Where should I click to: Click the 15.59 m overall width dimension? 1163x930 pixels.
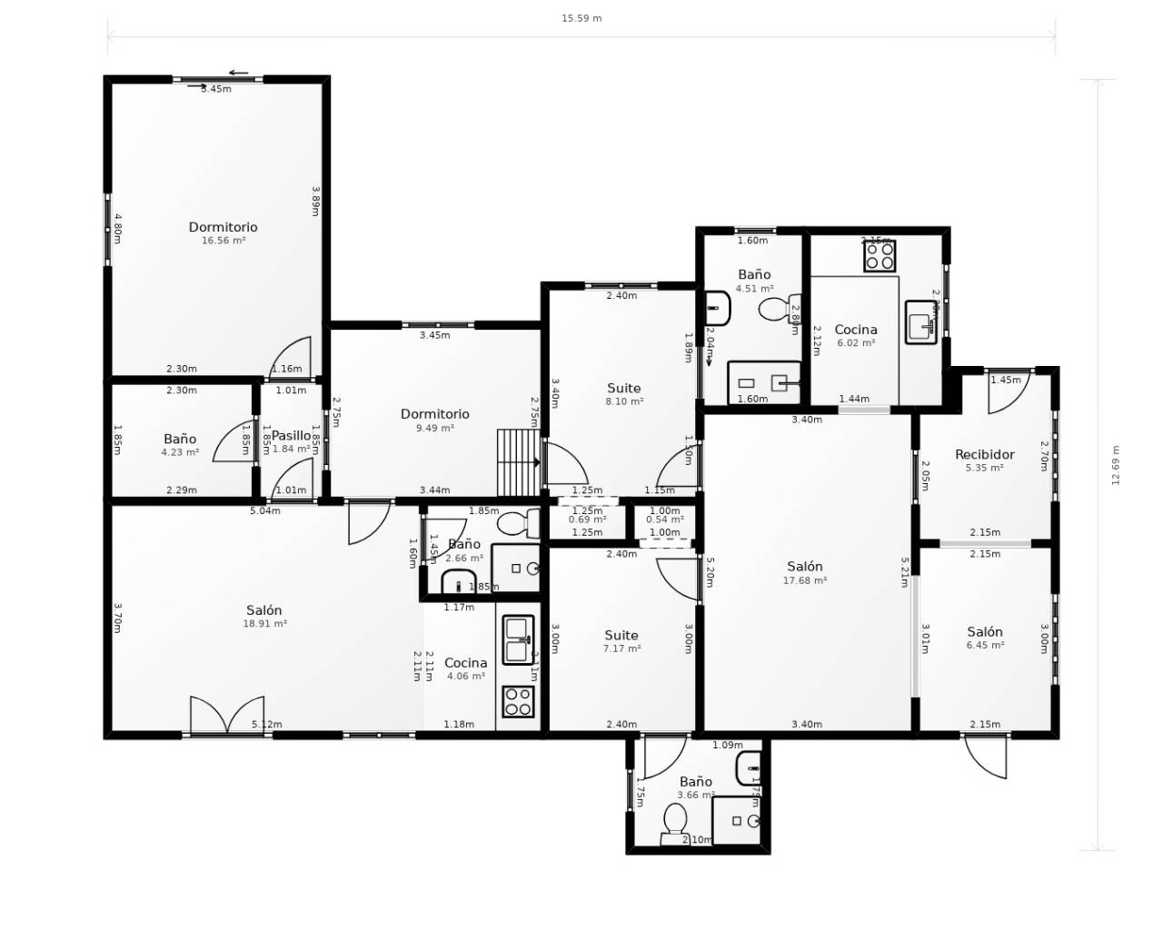[581, 18]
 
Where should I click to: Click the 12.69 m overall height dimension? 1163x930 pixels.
[1116, 465]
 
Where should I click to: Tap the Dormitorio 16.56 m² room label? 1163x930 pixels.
[223, 232]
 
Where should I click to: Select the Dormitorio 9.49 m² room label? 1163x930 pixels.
[435, 420]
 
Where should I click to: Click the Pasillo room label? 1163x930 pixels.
[291, 440]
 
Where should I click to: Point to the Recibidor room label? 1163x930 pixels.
[984, 460]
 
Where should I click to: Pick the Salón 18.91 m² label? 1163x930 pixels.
[264, 616]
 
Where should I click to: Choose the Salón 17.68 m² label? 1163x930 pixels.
[805, 572]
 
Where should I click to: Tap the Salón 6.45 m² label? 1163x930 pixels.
[985, 638]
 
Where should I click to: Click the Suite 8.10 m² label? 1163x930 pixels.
[624, 393]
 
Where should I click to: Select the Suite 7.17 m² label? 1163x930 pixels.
[621, 641]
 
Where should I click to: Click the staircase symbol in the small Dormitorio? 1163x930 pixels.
[519, 451]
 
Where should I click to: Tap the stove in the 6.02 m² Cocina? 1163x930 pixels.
[880, 255]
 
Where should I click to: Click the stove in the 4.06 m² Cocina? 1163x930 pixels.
[518, 701]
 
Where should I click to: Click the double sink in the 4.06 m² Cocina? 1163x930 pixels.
[518, 639]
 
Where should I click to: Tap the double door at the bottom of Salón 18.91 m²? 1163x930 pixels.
[227, 716]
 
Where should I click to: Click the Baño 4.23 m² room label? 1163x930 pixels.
[180, 444]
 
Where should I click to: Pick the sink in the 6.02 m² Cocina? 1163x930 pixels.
[921, 322]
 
